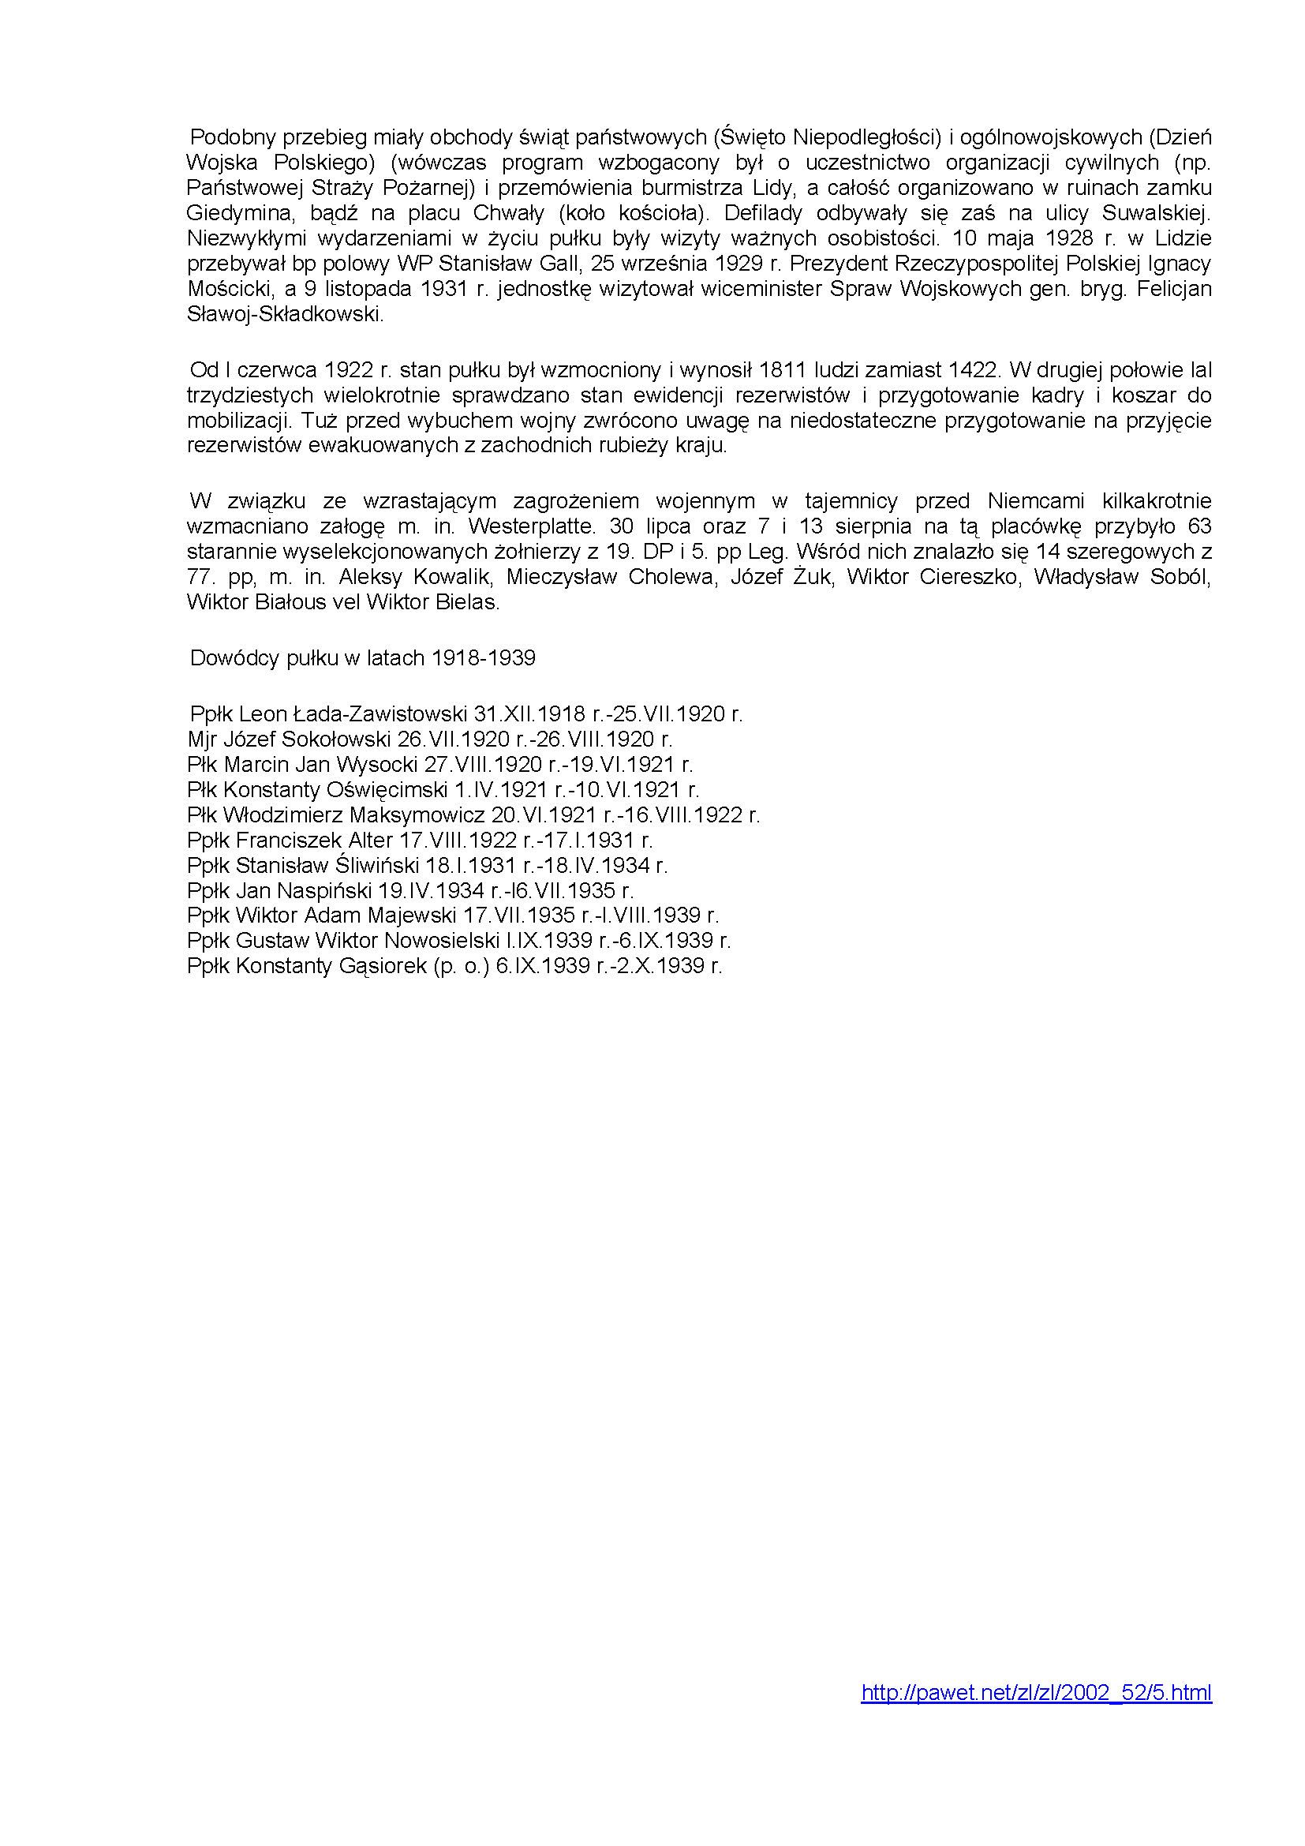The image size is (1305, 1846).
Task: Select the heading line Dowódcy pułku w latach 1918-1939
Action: (x=362, y=658)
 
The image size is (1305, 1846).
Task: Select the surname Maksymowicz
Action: (x=418, y=814)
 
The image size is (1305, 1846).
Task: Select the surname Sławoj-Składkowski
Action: (x=286, y=314)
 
